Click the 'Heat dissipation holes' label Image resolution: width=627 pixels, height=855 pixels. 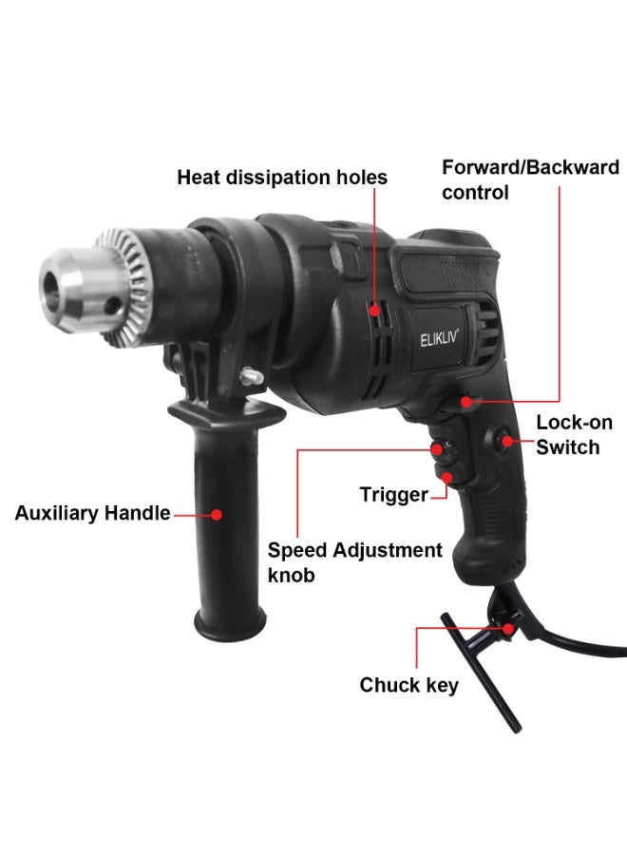282,178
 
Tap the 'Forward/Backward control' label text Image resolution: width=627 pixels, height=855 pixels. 530,180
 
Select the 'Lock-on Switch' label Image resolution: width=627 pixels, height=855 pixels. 574,434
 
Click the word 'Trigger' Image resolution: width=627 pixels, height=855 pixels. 392,494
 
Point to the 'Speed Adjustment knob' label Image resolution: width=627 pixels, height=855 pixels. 354,561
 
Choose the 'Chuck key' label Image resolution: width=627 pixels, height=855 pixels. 408,684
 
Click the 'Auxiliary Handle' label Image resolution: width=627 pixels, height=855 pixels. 92,514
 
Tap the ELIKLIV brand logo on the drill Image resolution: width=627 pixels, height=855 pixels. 440,339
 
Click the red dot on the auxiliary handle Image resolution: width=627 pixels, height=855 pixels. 217,514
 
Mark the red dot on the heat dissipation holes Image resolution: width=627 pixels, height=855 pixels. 375,310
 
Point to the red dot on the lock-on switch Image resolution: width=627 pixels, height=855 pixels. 509,441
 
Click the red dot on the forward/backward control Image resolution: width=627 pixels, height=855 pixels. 465,402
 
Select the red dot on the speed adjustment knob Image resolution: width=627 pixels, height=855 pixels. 438,449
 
